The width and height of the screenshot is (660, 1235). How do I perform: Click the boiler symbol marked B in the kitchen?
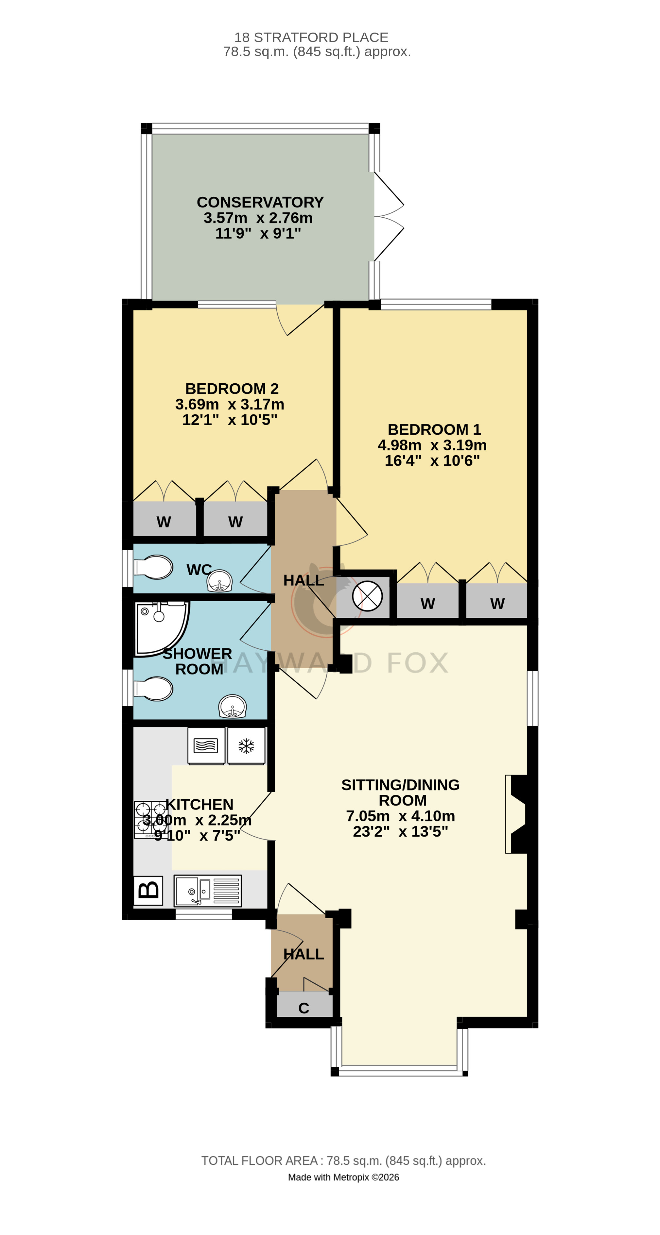(148, 890)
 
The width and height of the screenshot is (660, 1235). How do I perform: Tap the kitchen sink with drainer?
(208, 891)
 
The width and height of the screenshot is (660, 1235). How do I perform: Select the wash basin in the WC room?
(220, 581)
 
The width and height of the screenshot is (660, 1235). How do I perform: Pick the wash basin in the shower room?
(233, 707)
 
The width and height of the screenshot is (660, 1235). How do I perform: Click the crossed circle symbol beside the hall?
(367, 596)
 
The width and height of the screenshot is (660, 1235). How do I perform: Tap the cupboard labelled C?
(304, 1004)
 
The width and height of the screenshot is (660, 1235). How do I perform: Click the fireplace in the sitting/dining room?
(516, 814)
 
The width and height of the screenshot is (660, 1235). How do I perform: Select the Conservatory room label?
(260, 202)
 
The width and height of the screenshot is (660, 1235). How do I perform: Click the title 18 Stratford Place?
(311, 37)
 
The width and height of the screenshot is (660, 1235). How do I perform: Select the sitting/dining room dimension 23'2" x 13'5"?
(401, 832)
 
